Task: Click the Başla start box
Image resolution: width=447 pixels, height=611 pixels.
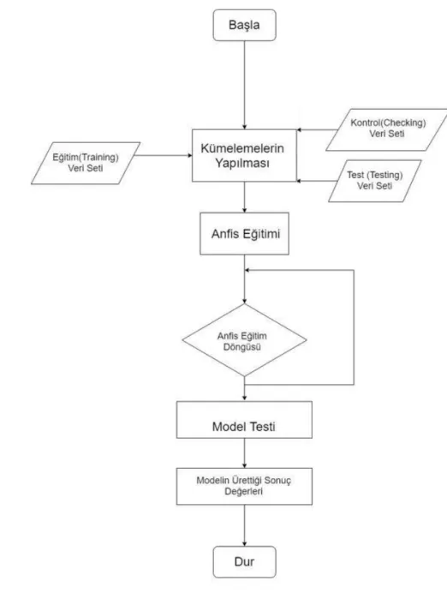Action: pyautogui.click(x=245, y=26)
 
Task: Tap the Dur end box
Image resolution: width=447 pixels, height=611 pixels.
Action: pyautogui.click(x=245, y=562)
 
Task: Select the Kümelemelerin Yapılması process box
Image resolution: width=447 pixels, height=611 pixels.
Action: pyautogui.click(x=244, y=155)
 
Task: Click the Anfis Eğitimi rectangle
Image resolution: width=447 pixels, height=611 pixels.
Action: pyautogui.click(x=245, y=234)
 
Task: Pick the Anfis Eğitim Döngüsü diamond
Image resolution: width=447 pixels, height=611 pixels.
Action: pyautogui.click(x=245, y=340)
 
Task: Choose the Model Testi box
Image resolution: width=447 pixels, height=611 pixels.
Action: pyautogui.click(x=244, y=420)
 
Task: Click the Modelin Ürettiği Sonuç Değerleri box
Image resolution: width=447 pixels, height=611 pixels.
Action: pyautogui.click(x=244, y=486)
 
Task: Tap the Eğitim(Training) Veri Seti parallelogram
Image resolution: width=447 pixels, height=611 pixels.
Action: pyautogui.click(x=86, y=163)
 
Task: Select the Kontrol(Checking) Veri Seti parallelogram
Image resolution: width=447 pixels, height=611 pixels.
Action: pyautogui.click(x=387, y=129)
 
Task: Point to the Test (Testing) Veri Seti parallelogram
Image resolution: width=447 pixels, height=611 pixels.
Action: pyautogui.click(x=374, y=181)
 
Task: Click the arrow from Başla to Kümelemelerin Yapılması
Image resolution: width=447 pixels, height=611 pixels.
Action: pyautogui.click(x=245, y=85)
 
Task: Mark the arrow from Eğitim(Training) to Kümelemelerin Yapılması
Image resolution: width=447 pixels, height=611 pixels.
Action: pyautogui.click(x=164, y=155)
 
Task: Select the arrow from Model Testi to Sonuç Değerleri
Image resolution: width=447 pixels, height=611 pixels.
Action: pyautogui.click(x=245, y=453)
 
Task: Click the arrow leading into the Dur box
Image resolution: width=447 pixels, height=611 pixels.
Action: pyautogui.click(x=245, y=525)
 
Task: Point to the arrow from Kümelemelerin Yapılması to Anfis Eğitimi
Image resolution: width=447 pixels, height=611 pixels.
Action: pyautogui.click(x=245, y=197)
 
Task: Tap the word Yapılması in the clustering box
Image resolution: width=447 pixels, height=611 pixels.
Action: pyautogui.click(x=242, y=164)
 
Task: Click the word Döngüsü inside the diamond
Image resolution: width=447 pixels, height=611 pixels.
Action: pyautogui.click(x=241, y=347)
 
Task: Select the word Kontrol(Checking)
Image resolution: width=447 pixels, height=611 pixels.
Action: pyautogui.click(x=388, y=123)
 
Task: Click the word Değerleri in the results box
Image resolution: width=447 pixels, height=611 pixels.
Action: pyautogui.click(x=244, y=491)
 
